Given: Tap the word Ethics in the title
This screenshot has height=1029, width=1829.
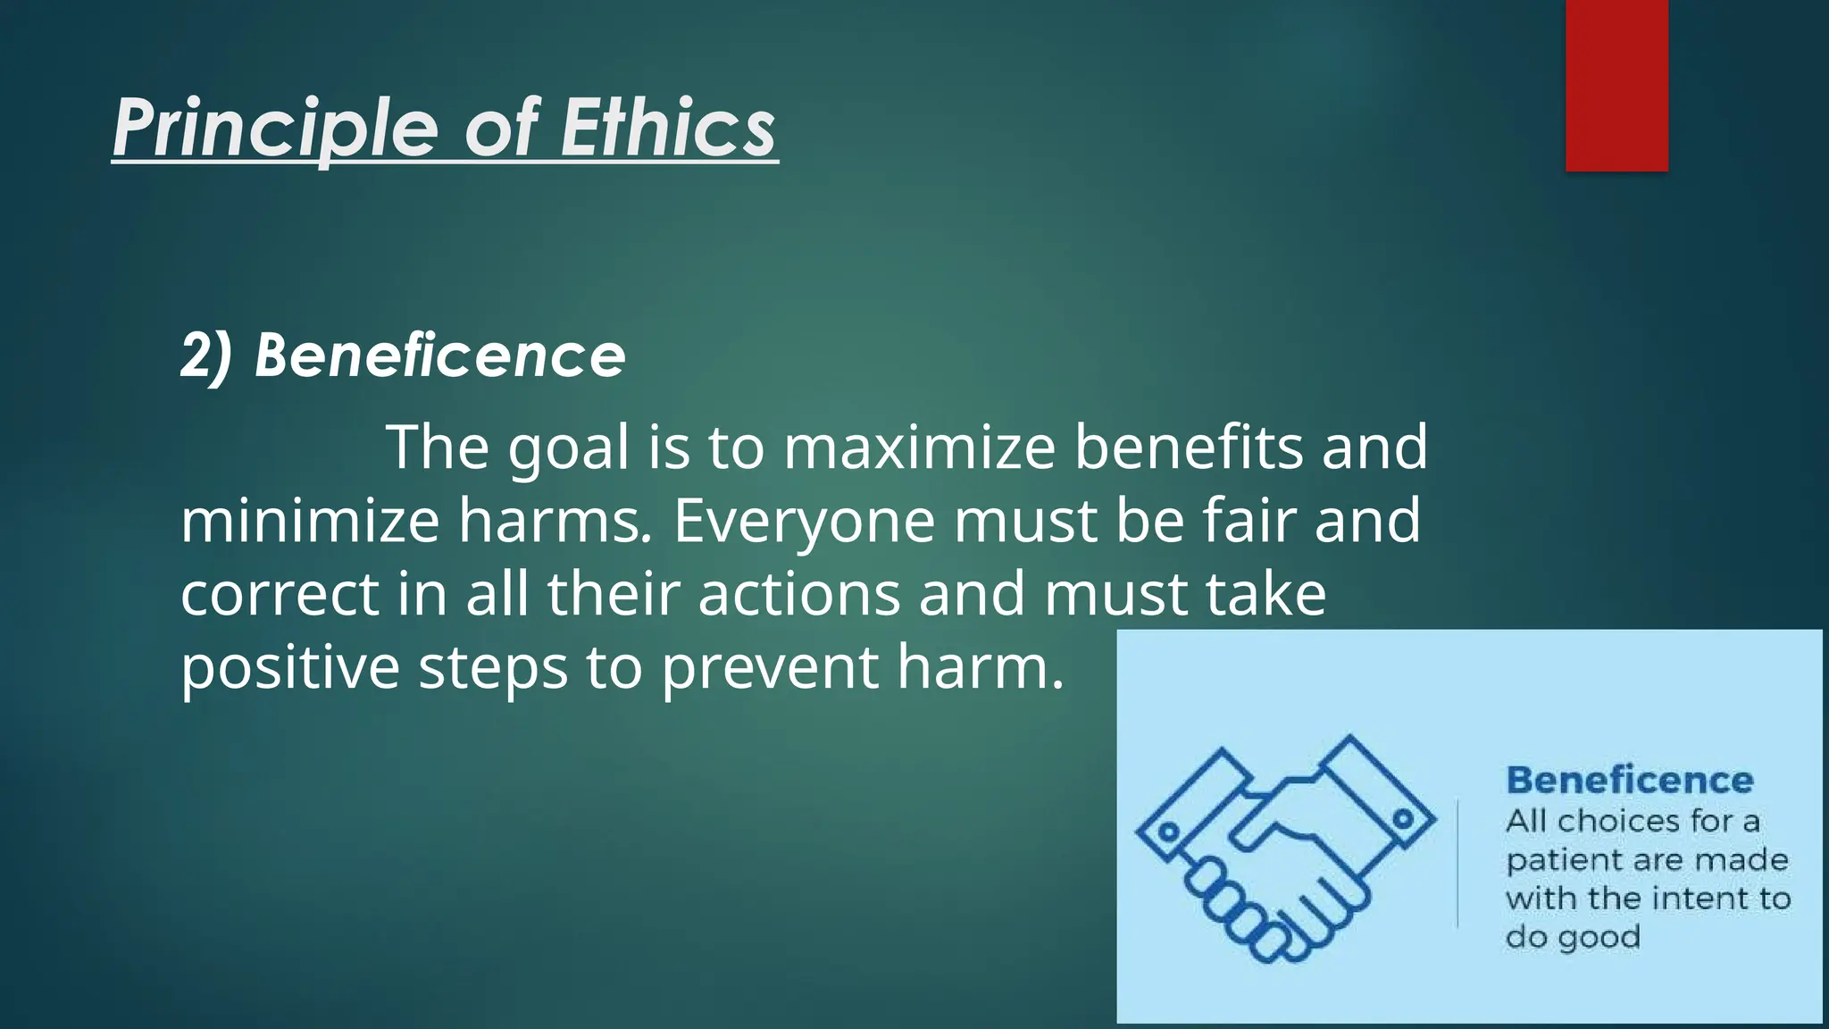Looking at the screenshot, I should tap(668, 129).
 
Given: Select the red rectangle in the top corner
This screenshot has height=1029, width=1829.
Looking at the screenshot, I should tap(1616, 86).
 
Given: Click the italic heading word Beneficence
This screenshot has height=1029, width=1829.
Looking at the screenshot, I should tap(440, 356).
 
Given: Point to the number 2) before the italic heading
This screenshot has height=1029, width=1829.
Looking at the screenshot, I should tap(206, 356).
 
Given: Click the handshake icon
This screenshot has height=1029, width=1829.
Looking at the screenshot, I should tap(1286, 849).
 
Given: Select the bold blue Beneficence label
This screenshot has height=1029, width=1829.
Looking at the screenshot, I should tap(1630, 780).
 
